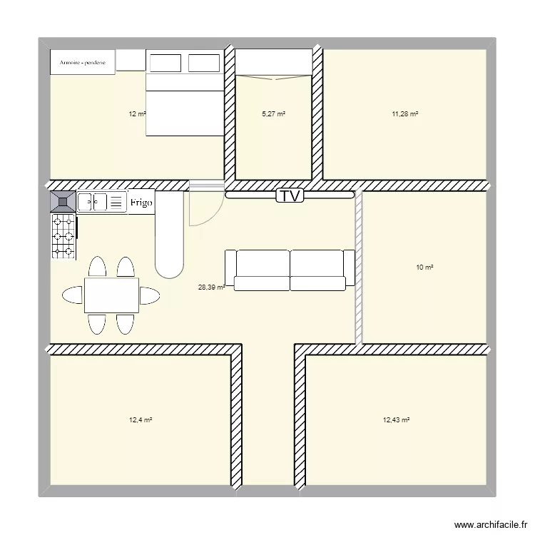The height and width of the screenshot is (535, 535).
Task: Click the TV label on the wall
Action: click(x=290, y=195)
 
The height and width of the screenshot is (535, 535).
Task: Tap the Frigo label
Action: click(x=141, y=203)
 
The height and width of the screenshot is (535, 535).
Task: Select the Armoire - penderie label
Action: click(x=83, y=63)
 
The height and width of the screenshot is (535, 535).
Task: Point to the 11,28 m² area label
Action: click(x=404, y=113)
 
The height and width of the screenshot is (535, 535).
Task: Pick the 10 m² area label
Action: click(x=425, y=267)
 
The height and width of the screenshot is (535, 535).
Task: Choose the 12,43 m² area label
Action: click(x=396, y=420)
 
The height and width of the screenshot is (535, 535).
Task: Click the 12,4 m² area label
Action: click(x=141, y=420)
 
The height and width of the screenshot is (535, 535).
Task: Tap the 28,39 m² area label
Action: click(x=211, y=287)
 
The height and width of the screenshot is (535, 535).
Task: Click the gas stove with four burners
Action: click(x=63, y=236)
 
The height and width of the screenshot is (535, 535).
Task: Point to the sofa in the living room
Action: click(x=290, y=270)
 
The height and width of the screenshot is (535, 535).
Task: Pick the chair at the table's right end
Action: click(x=150, y=295)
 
